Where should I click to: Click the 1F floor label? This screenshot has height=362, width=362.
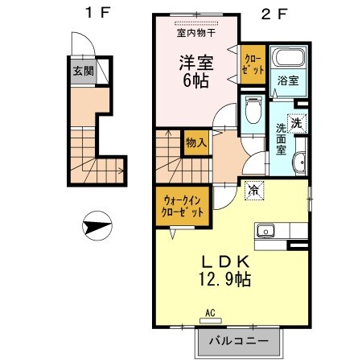[x=96, y=13]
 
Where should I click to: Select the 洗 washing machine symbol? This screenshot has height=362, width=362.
[x=296, y=124]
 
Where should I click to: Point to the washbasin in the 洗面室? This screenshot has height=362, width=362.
[x=300, y=160]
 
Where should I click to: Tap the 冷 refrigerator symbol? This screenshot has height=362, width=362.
[x=253, y=191]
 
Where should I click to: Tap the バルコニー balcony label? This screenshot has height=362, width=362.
[x=237, y=340]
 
